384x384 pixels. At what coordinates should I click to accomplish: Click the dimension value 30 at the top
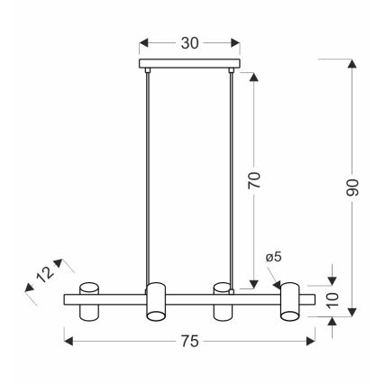190,43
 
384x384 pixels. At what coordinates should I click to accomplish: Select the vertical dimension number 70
256,178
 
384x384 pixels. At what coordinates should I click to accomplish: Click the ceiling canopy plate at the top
190,65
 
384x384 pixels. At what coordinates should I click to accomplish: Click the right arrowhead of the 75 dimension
310,342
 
